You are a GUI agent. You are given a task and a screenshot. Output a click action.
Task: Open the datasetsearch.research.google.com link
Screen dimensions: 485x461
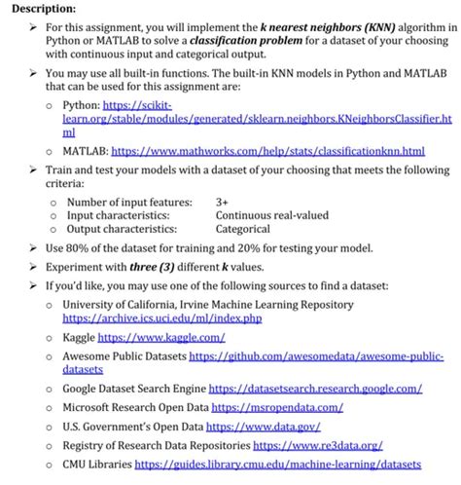tap(314, 389)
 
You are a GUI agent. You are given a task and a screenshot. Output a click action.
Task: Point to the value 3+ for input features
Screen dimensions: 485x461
tap(223, 202)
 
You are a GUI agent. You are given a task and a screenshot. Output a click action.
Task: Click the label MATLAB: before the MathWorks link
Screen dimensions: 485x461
tap(85, 152)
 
